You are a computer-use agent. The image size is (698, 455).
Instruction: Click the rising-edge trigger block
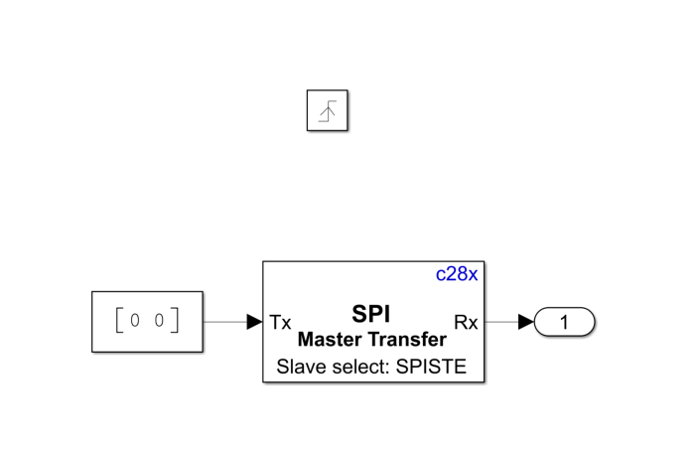click(x=327, y=110)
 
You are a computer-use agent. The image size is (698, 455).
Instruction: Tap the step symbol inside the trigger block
click(x=327, y=111)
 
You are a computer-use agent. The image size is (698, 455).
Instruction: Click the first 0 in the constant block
click(x=134, y=322)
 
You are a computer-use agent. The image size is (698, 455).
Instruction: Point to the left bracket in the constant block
click(x=118, y=322)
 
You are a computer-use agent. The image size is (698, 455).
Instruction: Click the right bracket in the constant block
click(x=176, y=322)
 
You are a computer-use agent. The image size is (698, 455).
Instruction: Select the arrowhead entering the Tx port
click(x=255, y=322)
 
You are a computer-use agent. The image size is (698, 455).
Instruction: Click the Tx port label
click(x=280, y=322)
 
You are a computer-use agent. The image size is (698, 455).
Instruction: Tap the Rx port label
click(x=466, y=322)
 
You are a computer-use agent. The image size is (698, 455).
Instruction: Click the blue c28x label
click(x=457, y=274)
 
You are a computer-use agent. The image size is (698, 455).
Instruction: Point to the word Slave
click(x=299, y=368)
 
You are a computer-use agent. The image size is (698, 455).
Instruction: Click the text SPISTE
click(x=430, y=368)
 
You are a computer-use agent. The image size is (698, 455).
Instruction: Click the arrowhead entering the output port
click(x=526, y=322)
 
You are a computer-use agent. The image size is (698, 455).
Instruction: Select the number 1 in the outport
click(x=565, y=322)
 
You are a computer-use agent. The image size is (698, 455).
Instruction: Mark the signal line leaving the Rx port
click(x=499, y=322)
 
